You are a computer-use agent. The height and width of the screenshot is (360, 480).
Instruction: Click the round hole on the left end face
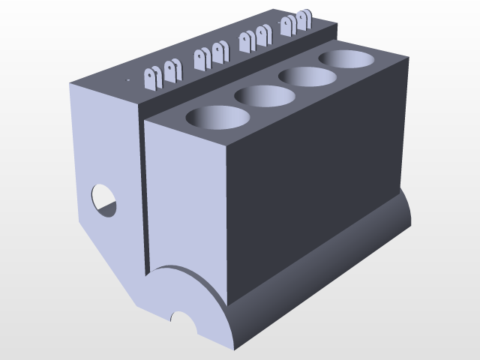104,199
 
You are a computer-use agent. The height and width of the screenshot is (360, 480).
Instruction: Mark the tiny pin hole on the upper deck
127,78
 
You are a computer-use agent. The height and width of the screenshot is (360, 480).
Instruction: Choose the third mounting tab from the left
199,58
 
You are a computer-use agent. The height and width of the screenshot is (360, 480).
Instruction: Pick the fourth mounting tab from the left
219,52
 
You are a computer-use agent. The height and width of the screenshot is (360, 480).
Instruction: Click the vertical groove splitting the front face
142,195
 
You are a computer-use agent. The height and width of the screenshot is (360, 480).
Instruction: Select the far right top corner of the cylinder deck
409,57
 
